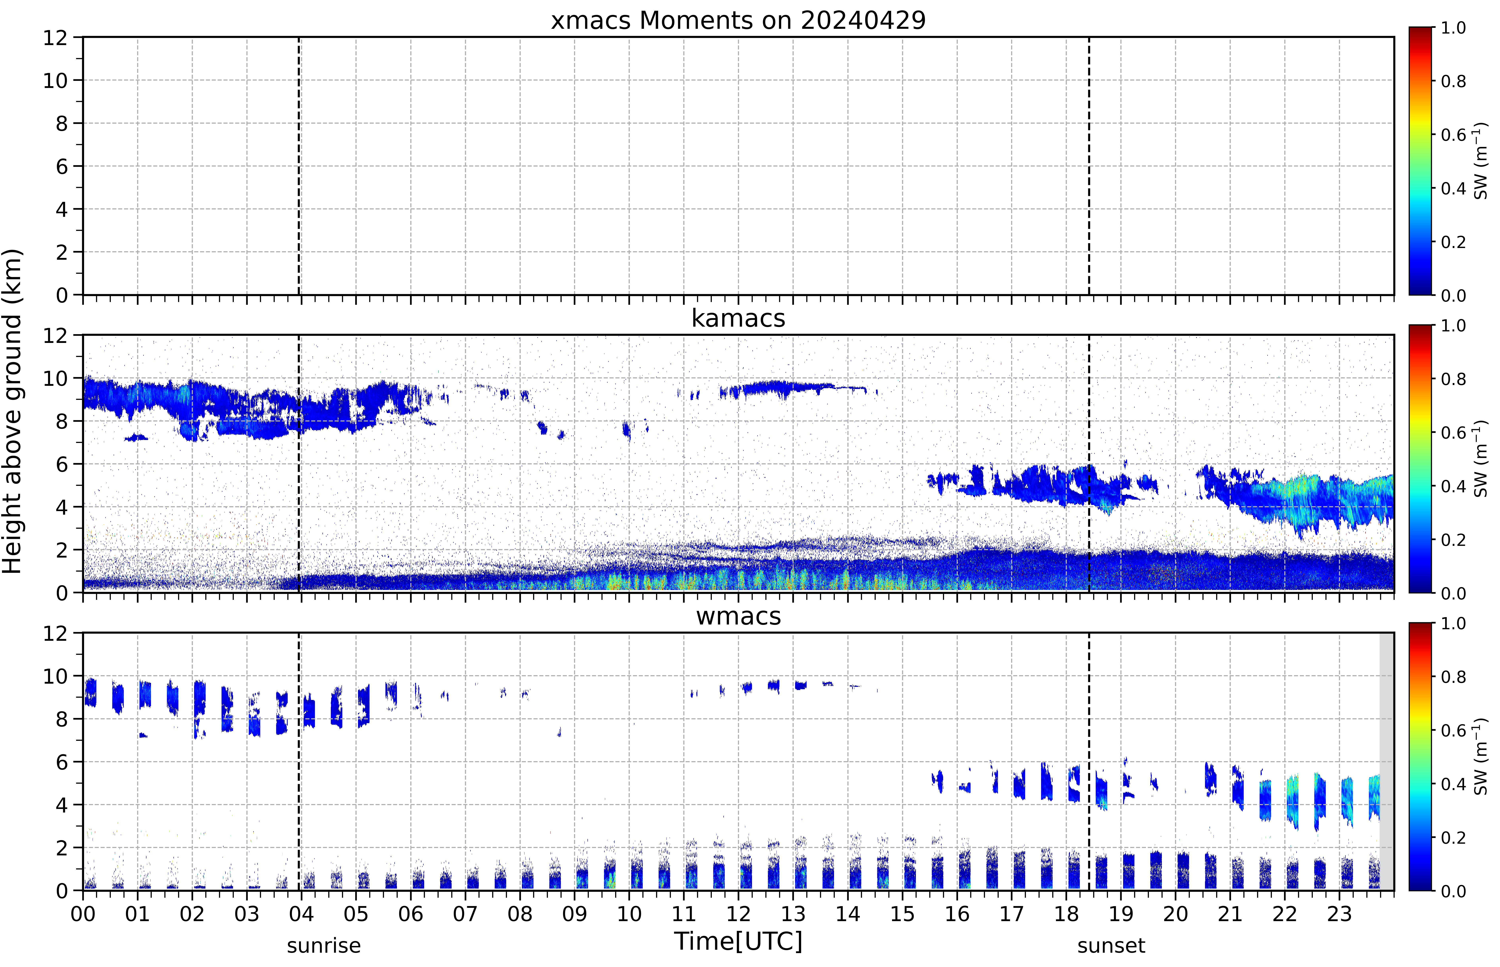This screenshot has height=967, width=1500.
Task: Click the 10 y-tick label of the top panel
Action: [55, 80]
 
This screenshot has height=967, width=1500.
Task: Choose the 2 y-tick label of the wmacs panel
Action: [62, 848]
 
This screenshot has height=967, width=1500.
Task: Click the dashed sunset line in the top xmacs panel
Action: [1089, 166]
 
